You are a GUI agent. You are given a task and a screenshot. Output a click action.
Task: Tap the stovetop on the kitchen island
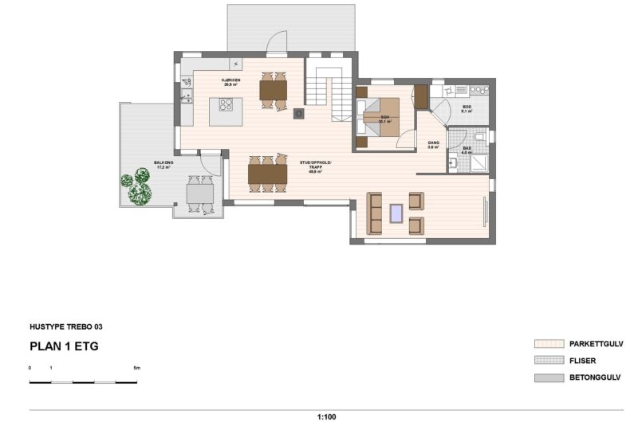[226, 104]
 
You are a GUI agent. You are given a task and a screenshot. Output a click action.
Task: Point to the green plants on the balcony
[136, 190]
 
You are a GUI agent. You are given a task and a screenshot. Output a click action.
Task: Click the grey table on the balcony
[199, 193]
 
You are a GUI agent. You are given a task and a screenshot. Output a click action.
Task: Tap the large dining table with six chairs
[267, 173]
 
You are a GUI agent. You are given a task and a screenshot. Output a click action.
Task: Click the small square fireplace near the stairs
[298, 112]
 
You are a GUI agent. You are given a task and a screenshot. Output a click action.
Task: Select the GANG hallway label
[434, 143]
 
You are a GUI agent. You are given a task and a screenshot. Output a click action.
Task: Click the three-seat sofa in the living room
[374, 213]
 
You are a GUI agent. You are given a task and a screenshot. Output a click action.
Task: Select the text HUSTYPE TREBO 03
[65, 326]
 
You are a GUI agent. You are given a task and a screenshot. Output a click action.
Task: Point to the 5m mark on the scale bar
[136, 369]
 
